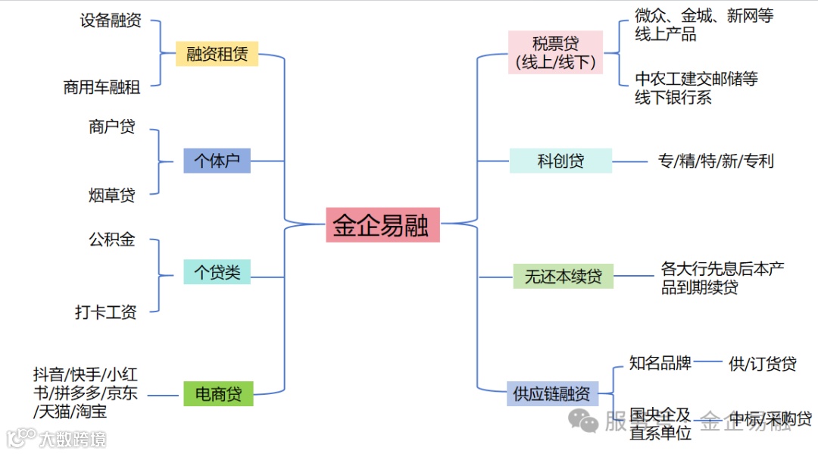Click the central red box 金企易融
click(x=382, y=224)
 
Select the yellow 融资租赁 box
click(x=217, y=54)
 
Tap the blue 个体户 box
click(x=217, y=161)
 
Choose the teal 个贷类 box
click(x=217, y=272)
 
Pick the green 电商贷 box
click(x=218, y=393)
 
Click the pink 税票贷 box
click(x=556, y=52)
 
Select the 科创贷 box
click(x=560, y=161)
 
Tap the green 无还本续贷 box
click(x=564, y=277)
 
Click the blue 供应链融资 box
click(x=551, y=394)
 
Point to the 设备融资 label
click(x=111, y=20)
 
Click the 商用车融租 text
click(x=102, y=87)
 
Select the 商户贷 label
click(x=112, y=127)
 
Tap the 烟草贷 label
click(x=112, y=196)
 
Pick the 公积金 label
click(x=112, y=240)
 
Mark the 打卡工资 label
click(x=106, y=312)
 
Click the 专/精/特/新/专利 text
click(x=716, y=161)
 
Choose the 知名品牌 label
click(x=660, y=362)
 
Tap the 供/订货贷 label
click(x=763, y=364)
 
